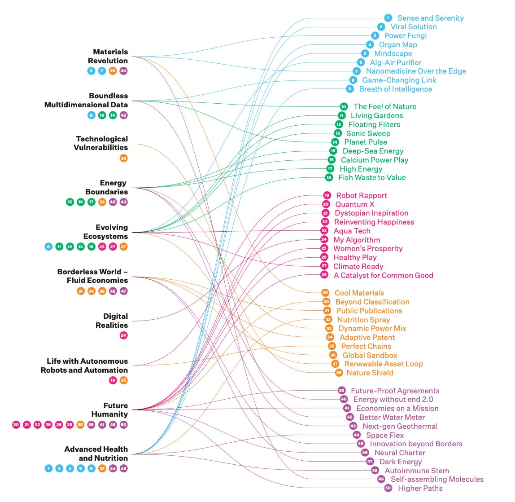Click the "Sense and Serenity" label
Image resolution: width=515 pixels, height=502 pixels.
pos(430,18)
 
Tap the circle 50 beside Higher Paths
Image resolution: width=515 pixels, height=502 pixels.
pos(388,488)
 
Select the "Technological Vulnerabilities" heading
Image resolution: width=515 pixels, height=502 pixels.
pos(102,143)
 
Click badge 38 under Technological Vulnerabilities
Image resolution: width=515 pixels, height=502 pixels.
pos(123,158)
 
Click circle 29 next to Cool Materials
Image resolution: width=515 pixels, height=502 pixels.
pos(325,293)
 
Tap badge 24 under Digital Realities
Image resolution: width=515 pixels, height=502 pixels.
pos(123,335)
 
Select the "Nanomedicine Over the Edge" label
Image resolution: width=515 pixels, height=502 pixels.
pos(416,71)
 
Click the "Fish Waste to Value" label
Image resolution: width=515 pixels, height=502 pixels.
pos(372,177)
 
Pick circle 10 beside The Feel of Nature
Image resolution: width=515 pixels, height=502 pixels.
pos(344,106)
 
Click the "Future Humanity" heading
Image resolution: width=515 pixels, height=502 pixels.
pos(109,410)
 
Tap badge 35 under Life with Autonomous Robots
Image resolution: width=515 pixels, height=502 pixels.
pos(123,380)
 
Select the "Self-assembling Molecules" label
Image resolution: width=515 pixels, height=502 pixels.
pos(437,479)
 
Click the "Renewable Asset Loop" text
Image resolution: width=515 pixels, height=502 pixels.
pos(384,364)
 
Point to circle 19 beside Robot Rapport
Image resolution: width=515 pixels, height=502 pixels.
pos(327,195)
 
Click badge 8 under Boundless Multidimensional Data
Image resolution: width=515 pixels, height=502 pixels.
pos(91,115)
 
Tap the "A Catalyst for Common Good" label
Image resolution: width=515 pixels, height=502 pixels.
pos(383,275)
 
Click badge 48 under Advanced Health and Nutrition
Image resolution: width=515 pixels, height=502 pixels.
pos(123,468)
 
